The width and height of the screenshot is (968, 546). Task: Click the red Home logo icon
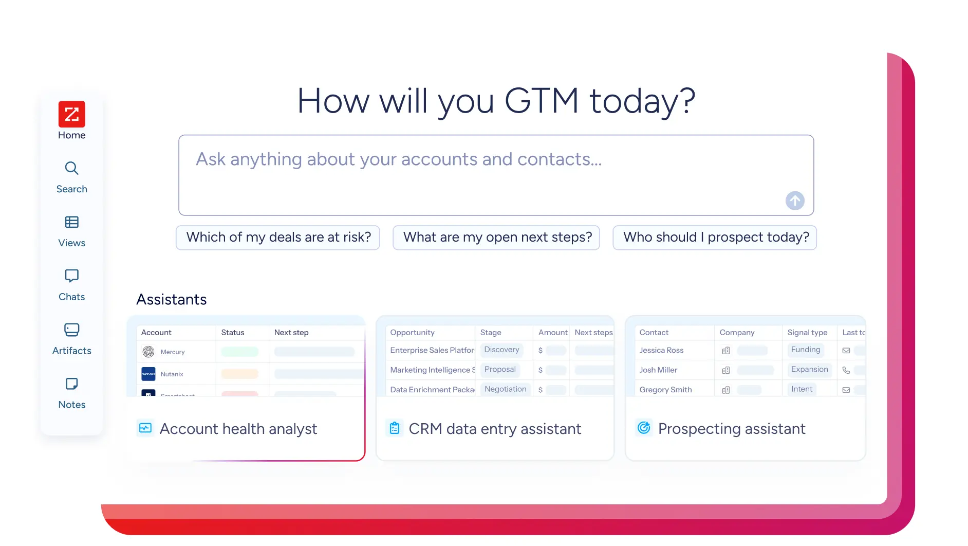[x=71, y=114]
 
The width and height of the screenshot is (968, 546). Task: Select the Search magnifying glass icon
[x=71, y=168]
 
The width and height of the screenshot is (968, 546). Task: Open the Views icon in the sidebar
[x=71, y=222]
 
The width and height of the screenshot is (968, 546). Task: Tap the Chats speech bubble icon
[x=71, y=276]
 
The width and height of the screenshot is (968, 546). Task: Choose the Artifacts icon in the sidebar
[x=71, y=330]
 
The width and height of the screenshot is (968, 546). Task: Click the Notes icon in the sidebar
[x=71, y=384]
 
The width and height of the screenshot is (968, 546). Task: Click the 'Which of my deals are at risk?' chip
[x=278, y=238]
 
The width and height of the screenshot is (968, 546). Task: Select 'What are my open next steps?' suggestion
[x=497, y=238]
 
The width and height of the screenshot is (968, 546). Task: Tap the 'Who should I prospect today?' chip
[x=715, y=238]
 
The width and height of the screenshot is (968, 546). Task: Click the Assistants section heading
[x=172, y=300]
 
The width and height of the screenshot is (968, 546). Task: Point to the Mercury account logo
[x=148, y=352]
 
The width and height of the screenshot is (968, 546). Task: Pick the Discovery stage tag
[x=501, y=350]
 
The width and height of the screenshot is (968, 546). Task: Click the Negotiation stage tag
[x=505, y=389]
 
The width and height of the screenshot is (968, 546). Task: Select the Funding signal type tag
[x=805, y=350]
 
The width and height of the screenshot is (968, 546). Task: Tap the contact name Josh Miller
[x=658, y=370]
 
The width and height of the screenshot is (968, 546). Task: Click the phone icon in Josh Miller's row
[x=846, y=370]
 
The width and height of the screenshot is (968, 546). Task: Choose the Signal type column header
[x=807, y=333]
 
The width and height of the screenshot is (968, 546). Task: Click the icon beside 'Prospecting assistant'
[x=644, y=428]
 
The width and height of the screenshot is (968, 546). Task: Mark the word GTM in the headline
[x=542, y=101]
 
